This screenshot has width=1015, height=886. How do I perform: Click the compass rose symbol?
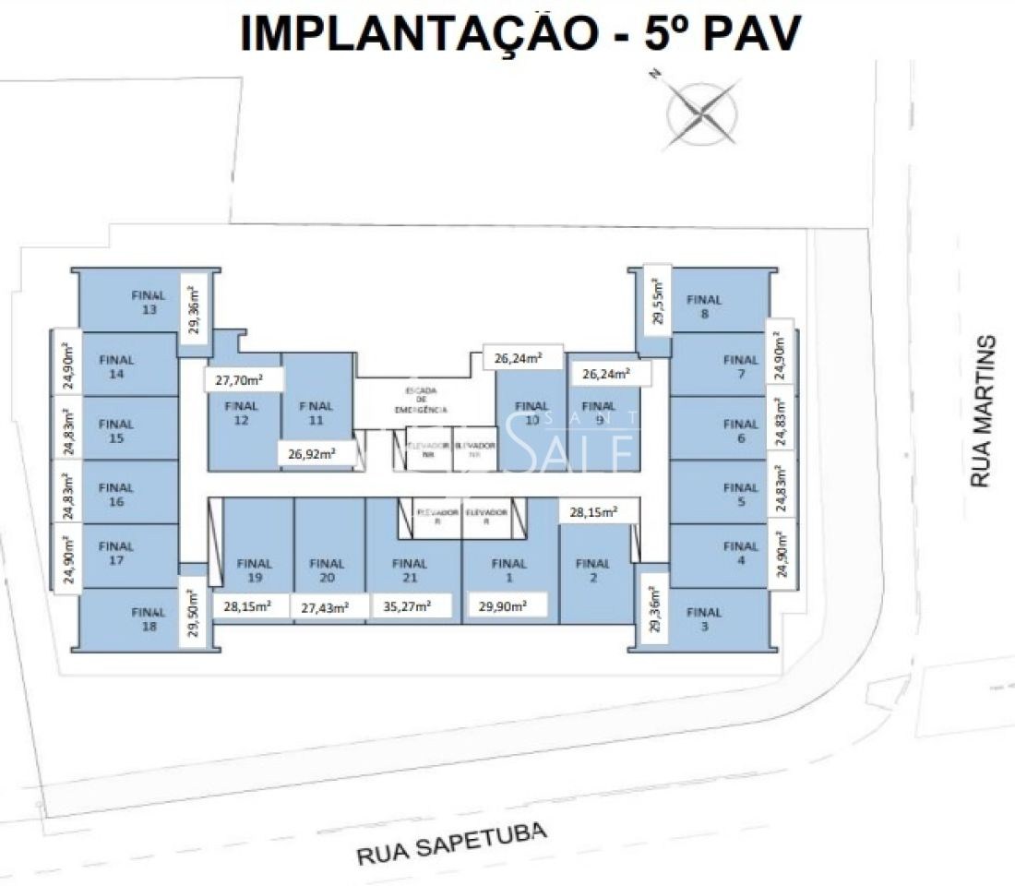click(x=701, y=114)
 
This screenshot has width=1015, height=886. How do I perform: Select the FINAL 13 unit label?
click(x=149, y=303)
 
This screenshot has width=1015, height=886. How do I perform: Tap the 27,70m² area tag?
click(x=244, y=378)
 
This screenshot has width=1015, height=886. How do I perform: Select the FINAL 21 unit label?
click(x=410, y=570)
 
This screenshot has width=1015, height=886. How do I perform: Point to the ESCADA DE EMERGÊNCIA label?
click(x=421, y=400)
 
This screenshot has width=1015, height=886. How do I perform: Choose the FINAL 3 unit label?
click(x=704, y=619)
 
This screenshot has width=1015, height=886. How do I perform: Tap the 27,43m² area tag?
click(x=326, y=607)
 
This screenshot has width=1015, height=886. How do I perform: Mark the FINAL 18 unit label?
click(x=149, y=619)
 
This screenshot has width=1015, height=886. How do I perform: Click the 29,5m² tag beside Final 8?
click(x=657, y=298)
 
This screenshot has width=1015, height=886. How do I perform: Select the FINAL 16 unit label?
click(x=116, y=495)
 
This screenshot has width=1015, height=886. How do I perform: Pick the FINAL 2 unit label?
click(x=592, y=570)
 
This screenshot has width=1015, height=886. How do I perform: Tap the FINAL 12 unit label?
click(x=242, y=413)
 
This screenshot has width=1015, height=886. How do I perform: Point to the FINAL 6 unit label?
click(x=741, y=432)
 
